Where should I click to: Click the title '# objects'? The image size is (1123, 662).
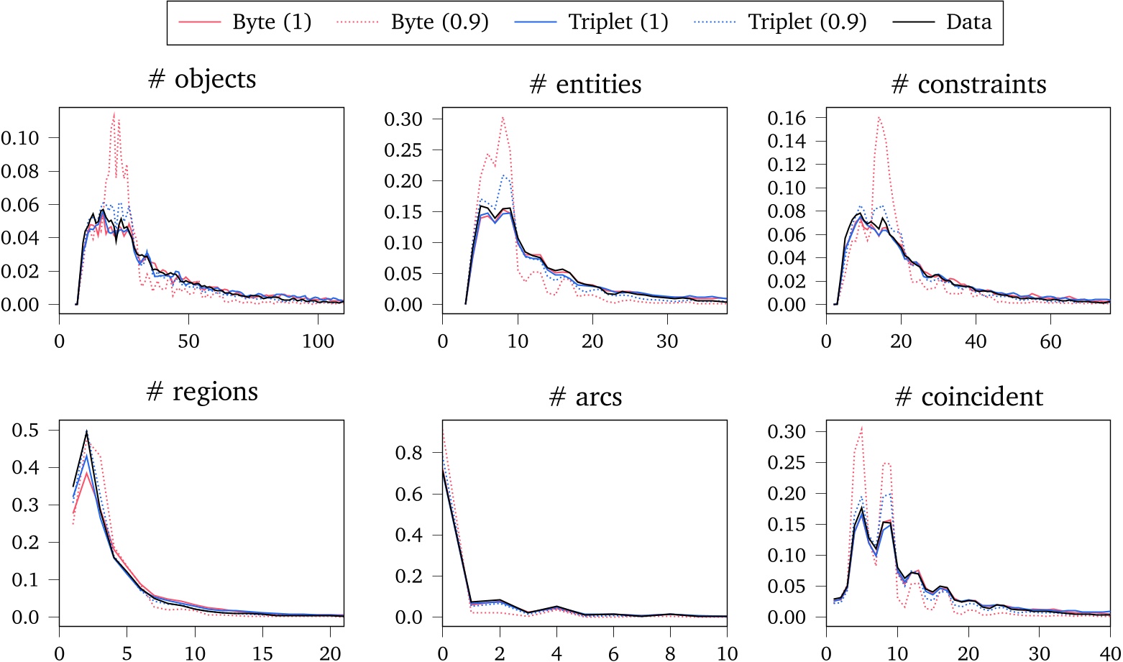(x=201, y=79)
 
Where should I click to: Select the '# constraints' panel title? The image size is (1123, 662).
(x=968, y=85)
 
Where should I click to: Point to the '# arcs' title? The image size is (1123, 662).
(x=585, y=397)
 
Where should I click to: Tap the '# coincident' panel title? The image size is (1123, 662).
(x=968, y=397)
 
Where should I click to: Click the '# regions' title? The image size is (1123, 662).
(x=201, y=392)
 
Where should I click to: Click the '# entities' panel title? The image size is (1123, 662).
(x=585, y=85)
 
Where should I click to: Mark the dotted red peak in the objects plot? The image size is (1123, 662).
(x=114, y=114)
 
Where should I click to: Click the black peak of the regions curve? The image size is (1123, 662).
(x=87, y=431)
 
